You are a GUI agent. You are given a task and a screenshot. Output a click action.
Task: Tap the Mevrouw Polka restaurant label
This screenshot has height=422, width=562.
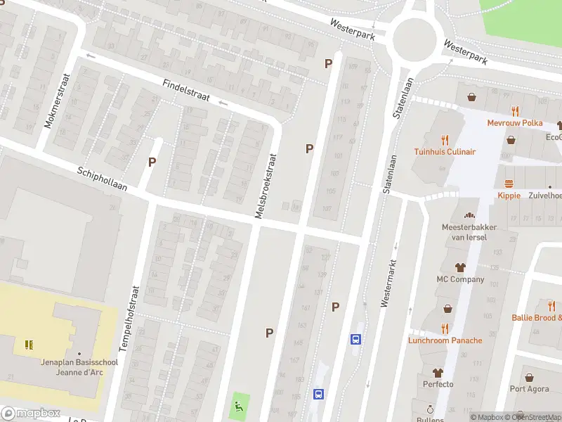click(x=515, y=122)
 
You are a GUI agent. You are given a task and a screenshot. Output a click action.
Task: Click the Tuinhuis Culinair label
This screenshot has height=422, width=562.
click(x=445, y=151)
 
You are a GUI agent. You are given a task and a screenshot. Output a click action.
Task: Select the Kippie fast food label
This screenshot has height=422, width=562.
click(x=509, y=195)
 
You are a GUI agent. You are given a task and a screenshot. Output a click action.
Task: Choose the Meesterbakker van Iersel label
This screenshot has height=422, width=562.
click(x=469, y=232)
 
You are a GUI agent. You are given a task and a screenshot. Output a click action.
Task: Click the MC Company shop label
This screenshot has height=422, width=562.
click(x=460, y=279)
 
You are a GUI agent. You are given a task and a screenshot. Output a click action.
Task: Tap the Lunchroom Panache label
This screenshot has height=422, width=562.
click(x=445, y=340)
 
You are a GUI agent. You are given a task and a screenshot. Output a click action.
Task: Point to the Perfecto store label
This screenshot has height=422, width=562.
click(x=438, y=384)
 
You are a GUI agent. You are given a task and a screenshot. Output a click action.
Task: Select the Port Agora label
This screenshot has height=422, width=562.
click(x=529, y=389)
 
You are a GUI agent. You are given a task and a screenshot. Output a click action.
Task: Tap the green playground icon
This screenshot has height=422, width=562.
click(x=240, y=405)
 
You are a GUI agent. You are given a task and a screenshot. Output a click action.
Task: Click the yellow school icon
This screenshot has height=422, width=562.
click(x=29, y=344)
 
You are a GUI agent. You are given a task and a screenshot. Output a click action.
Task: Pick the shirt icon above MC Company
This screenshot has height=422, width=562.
click(x=460, y=267)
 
